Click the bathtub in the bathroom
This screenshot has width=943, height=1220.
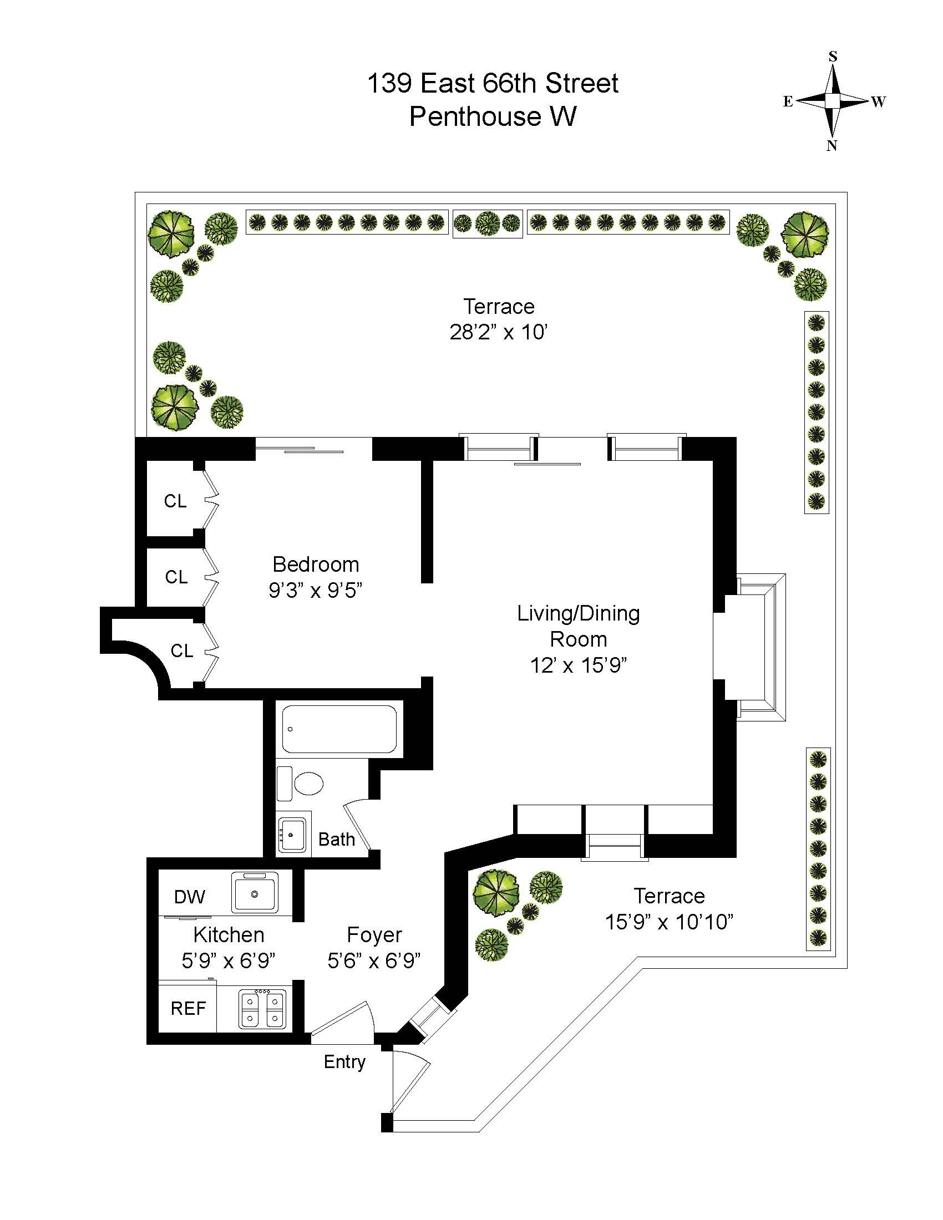click(339, 730)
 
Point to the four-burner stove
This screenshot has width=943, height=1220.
click(262, 1009)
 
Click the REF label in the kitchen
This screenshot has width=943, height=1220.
click(188, 1008)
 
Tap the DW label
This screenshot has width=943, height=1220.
click(189, 897)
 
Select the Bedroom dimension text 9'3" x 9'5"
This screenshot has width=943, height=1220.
click(316, 590)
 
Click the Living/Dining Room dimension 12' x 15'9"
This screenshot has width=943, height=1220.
click(578, 665)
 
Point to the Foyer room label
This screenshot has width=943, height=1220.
click(374, 935)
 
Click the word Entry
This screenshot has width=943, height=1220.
click(344, 1062)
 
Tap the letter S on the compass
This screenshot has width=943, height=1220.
click(833, 56)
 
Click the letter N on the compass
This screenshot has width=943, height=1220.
click(832, 145)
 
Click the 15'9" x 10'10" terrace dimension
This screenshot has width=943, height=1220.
click(669, 922)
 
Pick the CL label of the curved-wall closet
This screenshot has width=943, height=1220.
click(181, 651)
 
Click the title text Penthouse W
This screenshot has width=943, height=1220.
click(493, 116)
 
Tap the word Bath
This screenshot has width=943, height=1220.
click(336, 839)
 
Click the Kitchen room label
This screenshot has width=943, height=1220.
click(229, 934)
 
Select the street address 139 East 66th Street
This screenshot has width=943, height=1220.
click(492, 83)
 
